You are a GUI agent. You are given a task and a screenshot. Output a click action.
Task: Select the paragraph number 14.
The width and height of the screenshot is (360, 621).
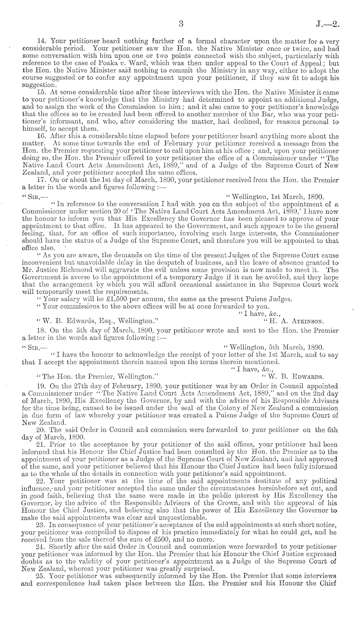[42, 41]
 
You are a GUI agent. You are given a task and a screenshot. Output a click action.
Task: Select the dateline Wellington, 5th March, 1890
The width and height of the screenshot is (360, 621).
[274, 348]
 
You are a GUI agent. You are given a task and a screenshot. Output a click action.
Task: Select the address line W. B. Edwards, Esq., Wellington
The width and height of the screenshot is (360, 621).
[97, 321]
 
